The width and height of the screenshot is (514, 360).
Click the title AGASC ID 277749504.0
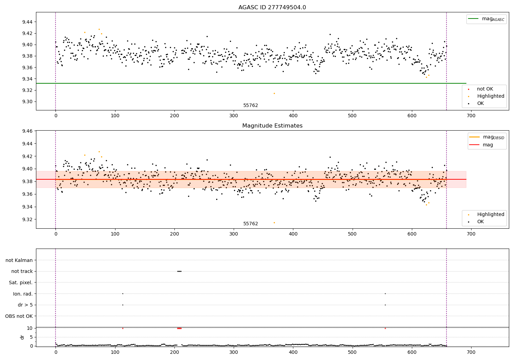point(272,8)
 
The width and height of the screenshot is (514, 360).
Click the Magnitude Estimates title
point(272,126)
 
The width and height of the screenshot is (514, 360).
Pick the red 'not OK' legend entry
point(485,89)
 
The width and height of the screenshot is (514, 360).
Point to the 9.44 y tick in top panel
point(27,22)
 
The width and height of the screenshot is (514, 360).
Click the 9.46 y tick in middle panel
point(27,131)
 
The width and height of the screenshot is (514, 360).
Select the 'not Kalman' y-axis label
point(19,260)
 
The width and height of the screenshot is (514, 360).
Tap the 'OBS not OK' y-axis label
point(19,316)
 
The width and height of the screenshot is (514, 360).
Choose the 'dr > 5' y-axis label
point(25,305)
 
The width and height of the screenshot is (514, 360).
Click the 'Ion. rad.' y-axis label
point(23,294)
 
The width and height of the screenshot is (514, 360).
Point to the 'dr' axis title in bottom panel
point(22,337)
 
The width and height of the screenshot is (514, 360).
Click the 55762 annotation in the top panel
point(250,106)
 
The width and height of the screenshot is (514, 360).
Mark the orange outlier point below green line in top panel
point(274,93)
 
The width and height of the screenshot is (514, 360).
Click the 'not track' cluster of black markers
point(179,271)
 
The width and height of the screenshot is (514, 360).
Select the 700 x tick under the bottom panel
point(471,352)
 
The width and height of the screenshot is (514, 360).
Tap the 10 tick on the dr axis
point(30,328)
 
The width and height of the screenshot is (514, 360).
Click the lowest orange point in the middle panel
point(274,223)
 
